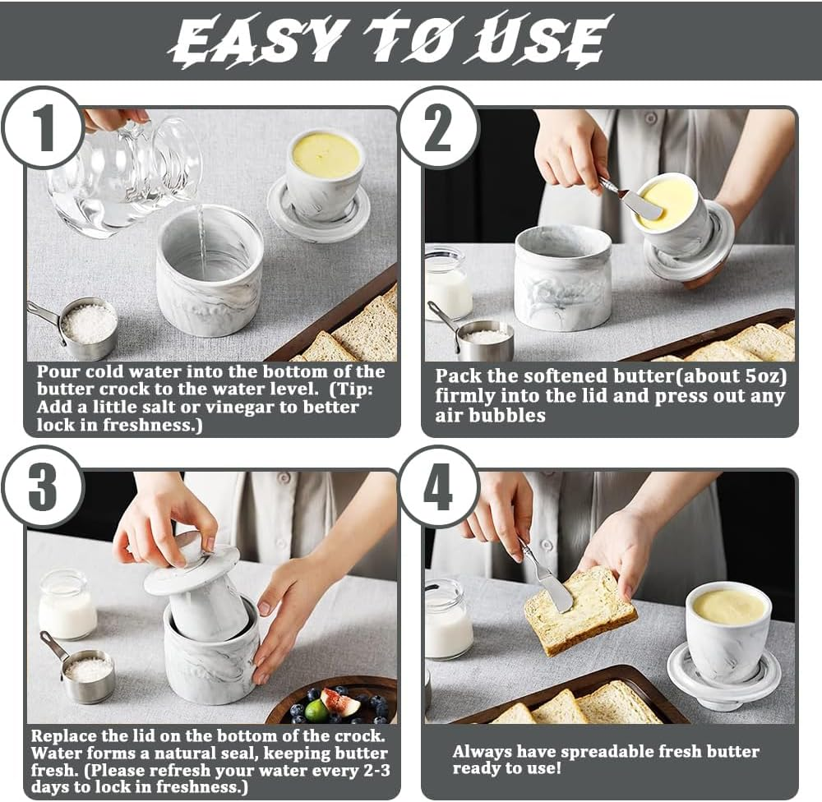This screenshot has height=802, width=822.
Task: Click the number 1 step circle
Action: [x=43, y=128]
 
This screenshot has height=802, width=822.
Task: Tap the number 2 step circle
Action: [x=439, y=128]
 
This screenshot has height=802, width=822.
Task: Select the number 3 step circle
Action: [x=43, y=487]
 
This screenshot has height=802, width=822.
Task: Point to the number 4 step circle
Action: [x=439, y=487]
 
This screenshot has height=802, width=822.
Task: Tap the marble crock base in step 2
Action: [x=563, y=278]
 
